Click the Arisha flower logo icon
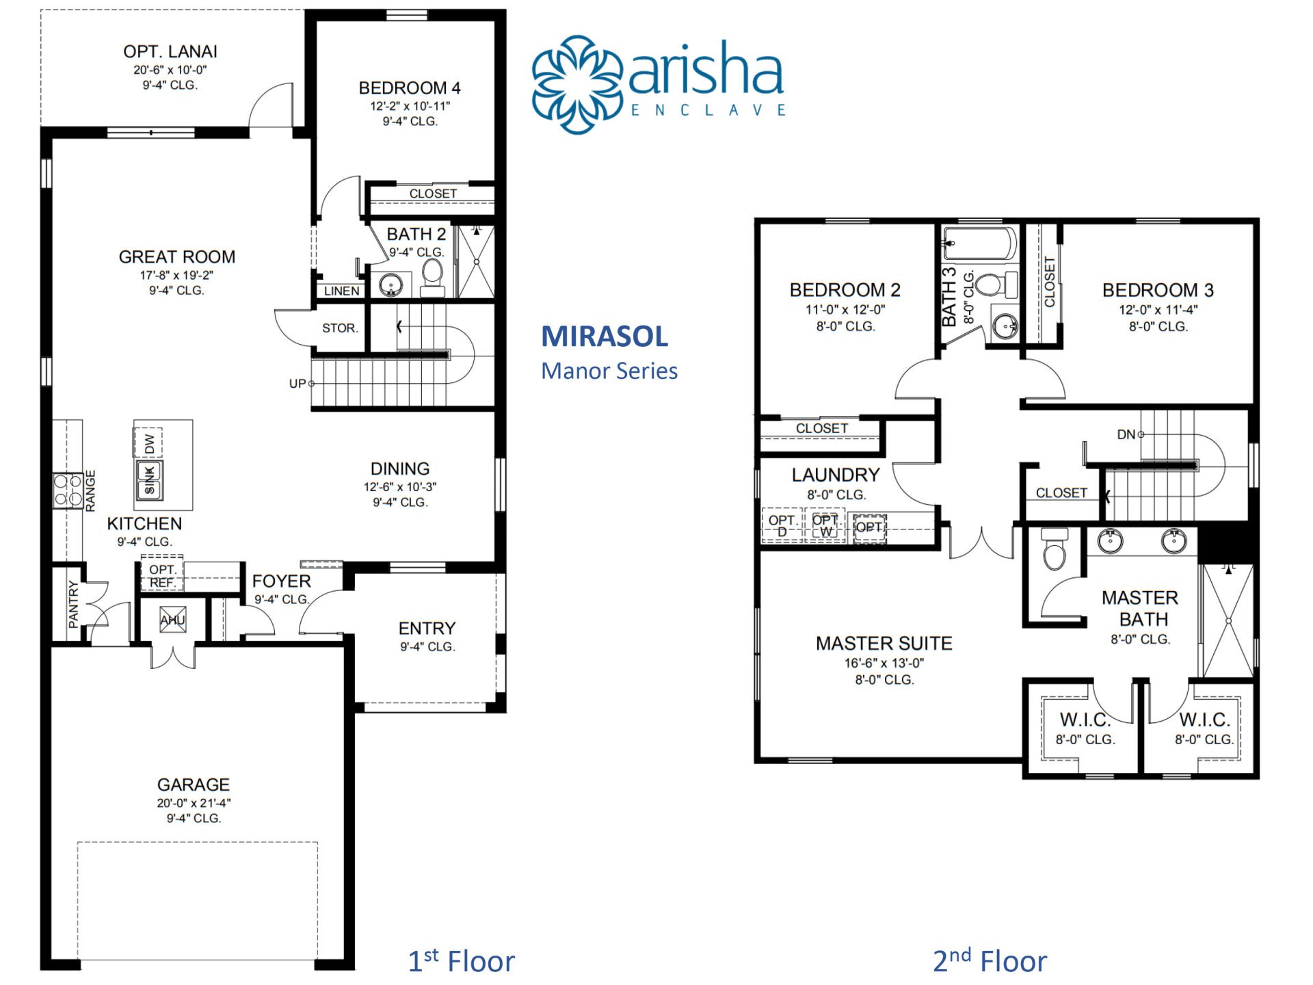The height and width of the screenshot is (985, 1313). (x=576, y=83)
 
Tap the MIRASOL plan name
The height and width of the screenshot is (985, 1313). (x=605, y=337)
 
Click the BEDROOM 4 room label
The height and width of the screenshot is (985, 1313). (x=410, y=88)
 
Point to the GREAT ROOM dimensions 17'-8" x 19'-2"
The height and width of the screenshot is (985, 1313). (x=176, y=275)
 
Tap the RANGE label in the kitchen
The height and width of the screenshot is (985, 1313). (x=90, y=490)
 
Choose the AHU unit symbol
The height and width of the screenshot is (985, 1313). (x=172, y=620)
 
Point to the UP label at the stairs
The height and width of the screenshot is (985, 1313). (x=297, y=384)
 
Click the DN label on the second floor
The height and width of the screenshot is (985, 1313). (x=1126, y=434)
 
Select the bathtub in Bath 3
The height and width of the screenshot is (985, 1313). (x=979, y=244)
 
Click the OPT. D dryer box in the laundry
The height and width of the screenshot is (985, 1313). (x=782, y=526)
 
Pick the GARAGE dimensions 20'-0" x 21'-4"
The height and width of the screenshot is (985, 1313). (x=194, y=803)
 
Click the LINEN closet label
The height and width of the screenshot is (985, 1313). (x=341, y=291)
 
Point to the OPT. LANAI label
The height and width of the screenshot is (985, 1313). (x=170, y=52)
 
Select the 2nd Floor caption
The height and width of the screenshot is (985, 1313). (x=990, y=961)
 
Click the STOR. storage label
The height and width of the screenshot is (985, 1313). (x=340, y=328)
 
